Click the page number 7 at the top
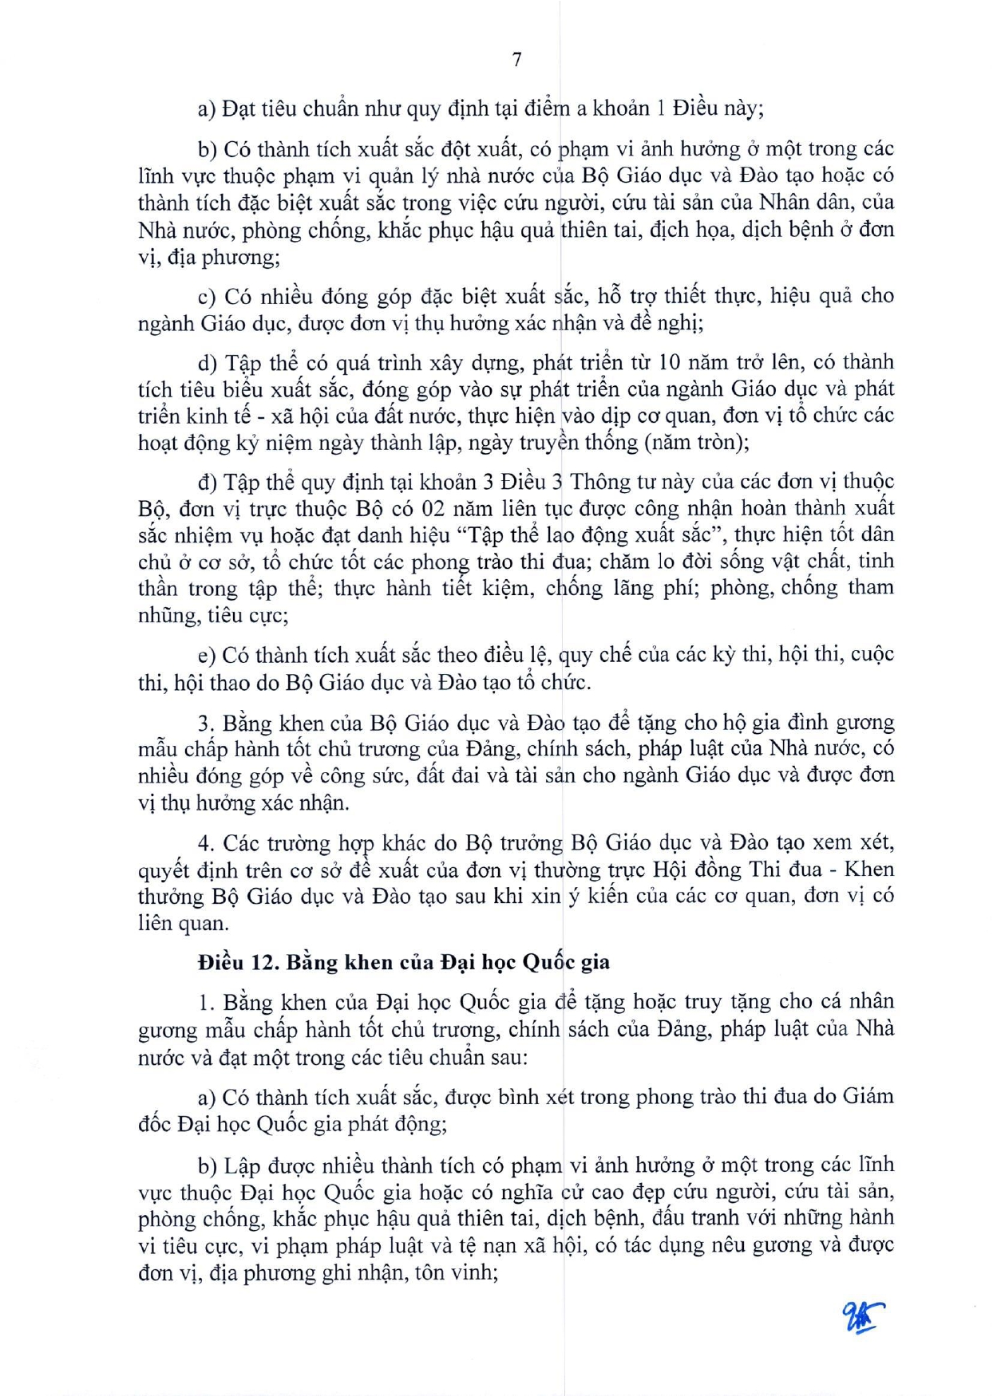pos(516,60)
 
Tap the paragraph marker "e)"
pos(207,656)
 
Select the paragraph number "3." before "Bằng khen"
pos(207,724)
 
